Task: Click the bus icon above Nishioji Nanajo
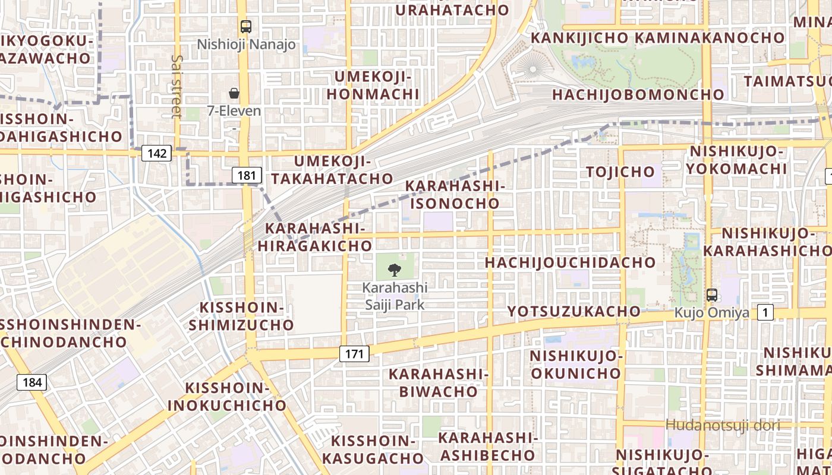pyautogui.click(x=246, y=27)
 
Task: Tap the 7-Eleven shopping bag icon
pyautogui.click(x=234, y=93)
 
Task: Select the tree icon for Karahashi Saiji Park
pyautogui.click(x=394, y=271)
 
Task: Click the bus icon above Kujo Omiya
pyautogui.click(x=711, y=295)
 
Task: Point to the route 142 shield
pyautogui.click(x=157, y=154)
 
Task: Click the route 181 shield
pyautogui.click(x=247, y=175)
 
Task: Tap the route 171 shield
pyautogui.click(x=354, y=354)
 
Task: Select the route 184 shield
pyautogui.click(x=32, y=382)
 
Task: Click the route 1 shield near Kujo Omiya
pyautogui.click(x=765, y=313)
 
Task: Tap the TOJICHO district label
pyautogui.click(x=620, y=172)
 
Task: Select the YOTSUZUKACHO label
pyautogui.click(x=574, y=311)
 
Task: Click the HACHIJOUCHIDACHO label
pyautogui.click(x=570, y=262)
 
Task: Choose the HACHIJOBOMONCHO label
pyautogui.click(x=638, y=94)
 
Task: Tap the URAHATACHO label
pyautogui.click(x=452, y=10)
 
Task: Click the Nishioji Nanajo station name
pyautogui.click(x=246, y=45)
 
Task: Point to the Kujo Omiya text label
pyautogui.click(x=711, y=312)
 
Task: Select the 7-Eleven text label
pyautogui.click(x=234, y=111)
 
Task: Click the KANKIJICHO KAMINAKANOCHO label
pyautogui.click(x=657, y=38)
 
